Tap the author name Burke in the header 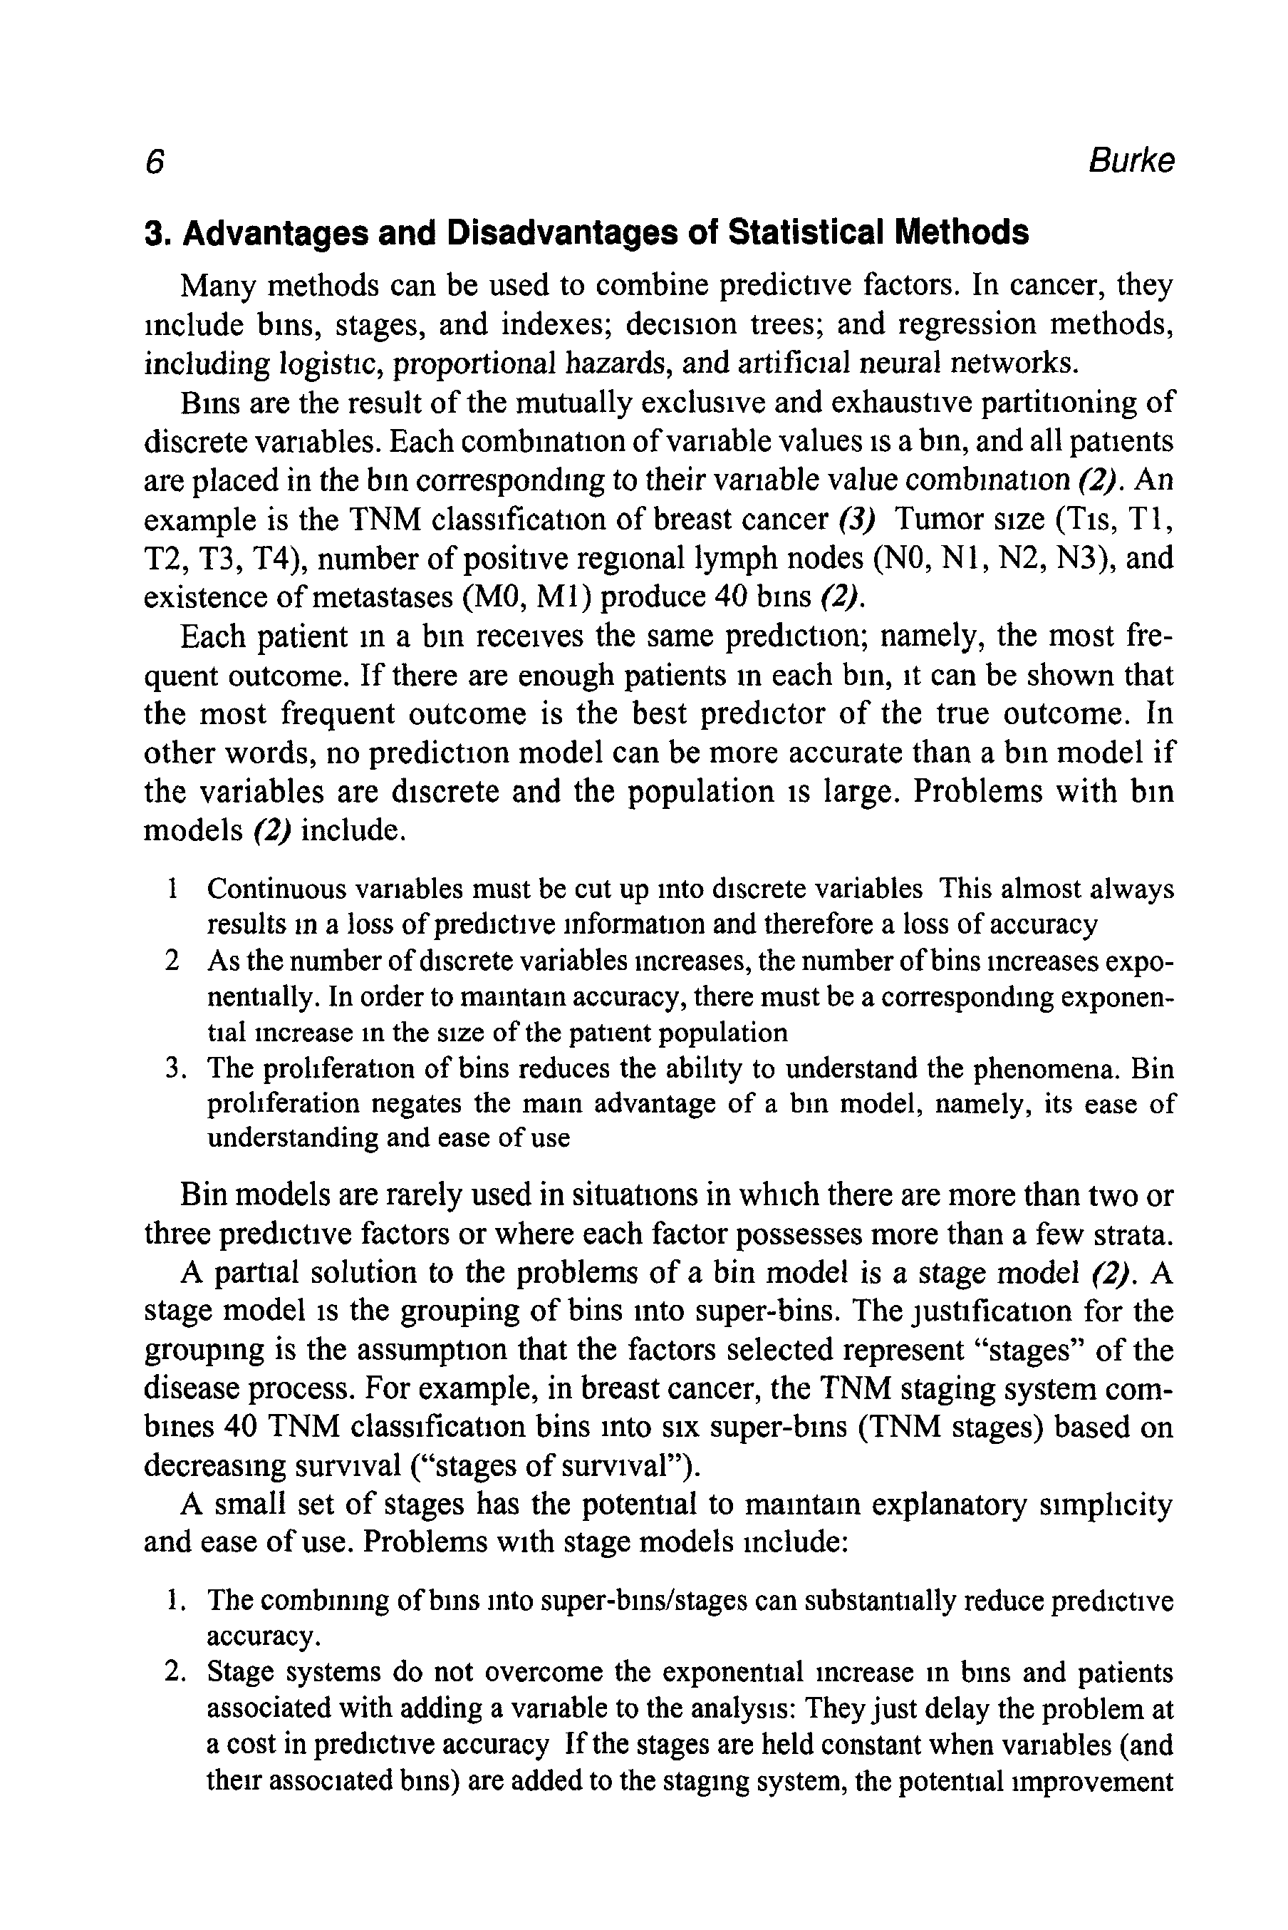[x=1131, y=161]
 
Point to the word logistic [x=332, y=363]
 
